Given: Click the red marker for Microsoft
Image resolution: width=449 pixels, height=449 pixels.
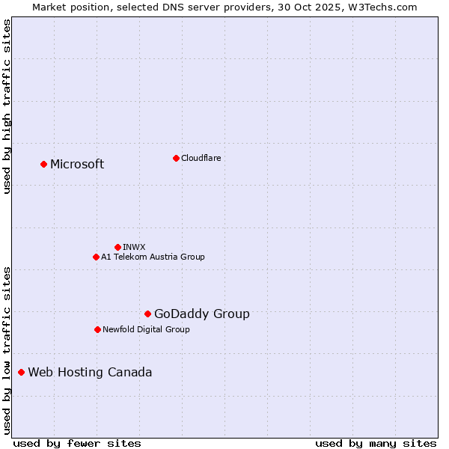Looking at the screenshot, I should click(x=43, y=164).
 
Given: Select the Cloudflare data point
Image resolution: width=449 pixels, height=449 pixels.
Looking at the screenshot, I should click(x=176, y=158).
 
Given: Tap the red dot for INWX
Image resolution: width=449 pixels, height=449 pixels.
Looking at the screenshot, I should click(x=117, y=247).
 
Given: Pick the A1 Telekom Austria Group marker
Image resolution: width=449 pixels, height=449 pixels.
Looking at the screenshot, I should click(x=96, y=257).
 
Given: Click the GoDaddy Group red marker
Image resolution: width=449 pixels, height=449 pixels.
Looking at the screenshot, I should click(x=147, y=314).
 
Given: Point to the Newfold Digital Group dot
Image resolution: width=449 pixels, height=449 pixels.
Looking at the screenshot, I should click(x=97, y=329).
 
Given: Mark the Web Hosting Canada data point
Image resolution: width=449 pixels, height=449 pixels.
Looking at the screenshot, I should click(x=21, y=372).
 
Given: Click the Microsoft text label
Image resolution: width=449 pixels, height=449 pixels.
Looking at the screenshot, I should click(x=77, y=164).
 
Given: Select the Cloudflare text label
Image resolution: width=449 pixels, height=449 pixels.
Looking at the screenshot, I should click(x=201, y=158).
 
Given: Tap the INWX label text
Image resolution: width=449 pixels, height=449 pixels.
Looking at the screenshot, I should click(x=134, y=247).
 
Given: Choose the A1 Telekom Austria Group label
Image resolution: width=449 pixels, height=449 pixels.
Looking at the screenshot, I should click(x=153, y=257).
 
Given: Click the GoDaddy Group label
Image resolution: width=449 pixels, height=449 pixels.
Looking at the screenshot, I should click(x=202, y=314).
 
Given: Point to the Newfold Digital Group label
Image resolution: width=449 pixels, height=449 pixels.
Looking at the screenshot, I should click(x=146, y=329).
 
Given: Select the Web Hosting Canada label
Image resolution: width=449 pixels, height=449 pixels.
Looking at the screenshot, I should click(x=90, y=372).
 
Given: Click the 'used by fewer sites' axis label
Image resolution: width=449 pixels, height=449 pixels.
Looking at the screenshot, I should click(x=77, y=443).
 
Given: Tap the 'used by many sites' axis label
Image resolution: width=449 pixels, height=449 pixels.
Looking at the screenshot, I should click(x=376, y=443).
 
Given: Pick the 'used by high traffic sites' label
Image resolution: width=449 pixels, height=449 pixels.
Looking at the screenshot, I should click(x=7, y=106).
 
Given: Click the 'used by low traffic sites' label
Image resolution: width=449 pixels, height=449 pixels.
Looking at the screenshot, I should click(x=7, y=350).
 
